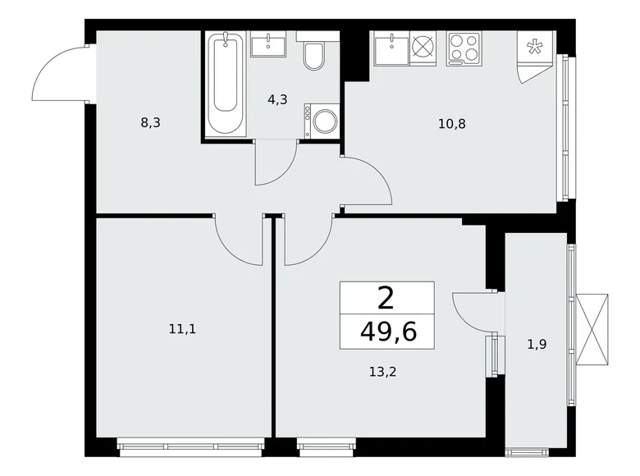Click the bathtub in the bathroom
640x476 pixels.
[226, 84]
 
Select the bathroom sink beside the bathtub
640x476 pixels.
[268, 43]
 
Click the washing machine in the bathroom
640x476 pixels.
[322, 121]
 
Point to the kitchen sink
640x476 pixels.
[391, 48]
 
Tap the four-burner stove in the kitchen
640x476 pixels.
[464, 48]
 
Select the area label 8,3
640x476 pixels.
[151, 122]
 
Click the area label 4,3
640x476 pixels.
[277, 99]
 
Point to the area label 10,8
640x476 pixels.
[452, 123]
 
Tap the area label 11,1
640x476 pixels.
[182, 328]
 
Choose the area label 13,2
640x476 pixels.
[383, 372]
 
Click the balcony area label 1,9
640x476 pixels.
[537, 345]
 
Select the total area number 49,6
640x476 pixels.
[388, 332]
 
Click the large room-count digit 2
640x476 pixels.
[386, 299]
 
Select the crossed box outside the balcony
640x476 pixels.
[592, 329]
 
